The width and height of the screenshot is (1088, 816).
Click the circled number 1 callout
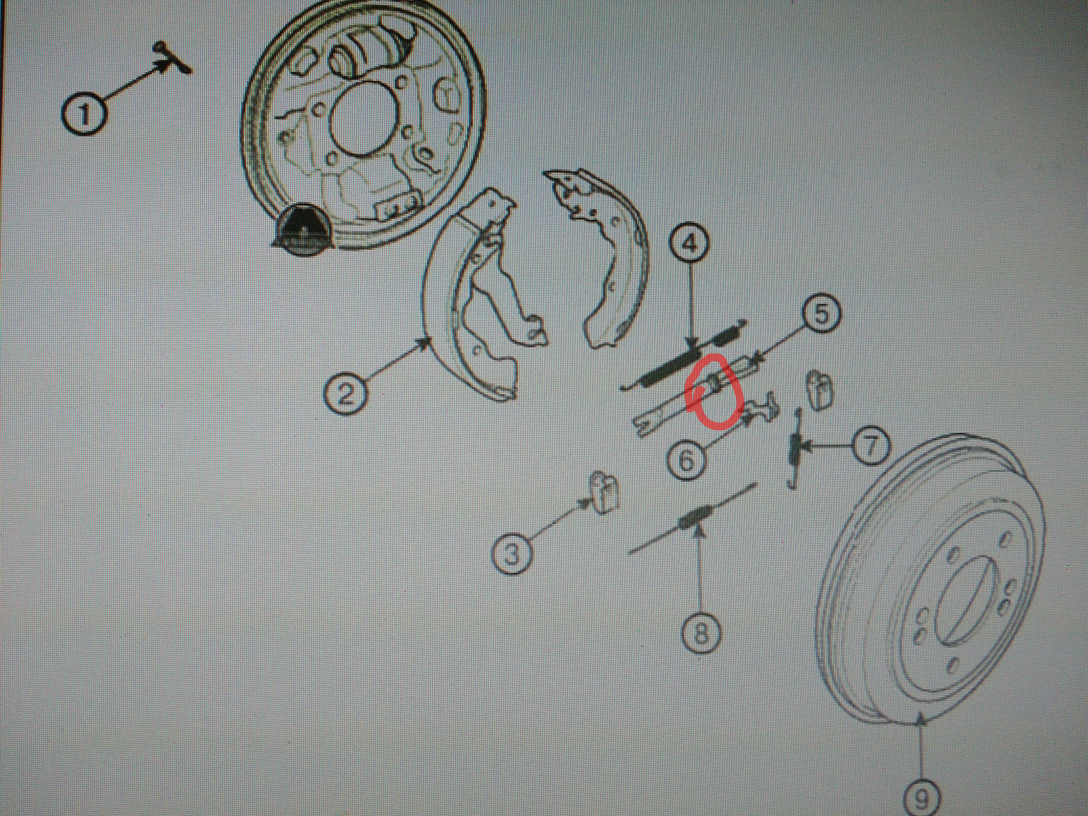tap(84, 114)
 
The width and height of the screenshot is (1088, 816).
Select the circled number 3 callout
tap(511, 554)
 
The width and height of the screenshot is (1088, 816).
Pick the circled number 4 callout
tap(689, 244)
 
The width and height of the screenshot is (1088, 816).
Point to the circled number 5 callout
tap(821, 313)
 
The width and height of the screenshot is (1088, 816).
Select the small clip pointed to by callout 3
tap(602, 493)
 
